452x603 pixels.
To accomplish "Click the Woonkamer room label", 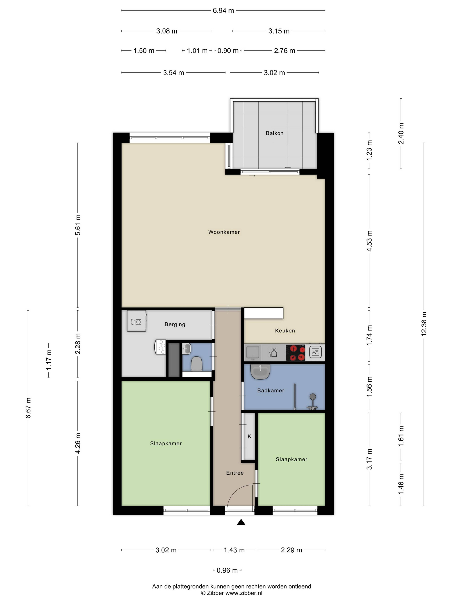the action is (224, 232).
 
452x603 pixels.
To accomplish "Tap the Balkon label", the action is (274, 133).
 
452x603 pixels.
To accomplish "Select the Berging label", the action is (175, 324).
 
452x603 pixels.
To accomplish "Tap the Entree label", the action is (235, 473).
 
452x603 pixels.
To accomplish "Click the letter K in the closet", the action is (249, 436).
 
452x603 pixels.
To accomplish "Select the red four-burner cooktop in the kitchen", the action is (295, 353).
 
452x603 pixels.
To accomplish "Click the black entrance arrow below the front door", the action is (241, 522).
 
